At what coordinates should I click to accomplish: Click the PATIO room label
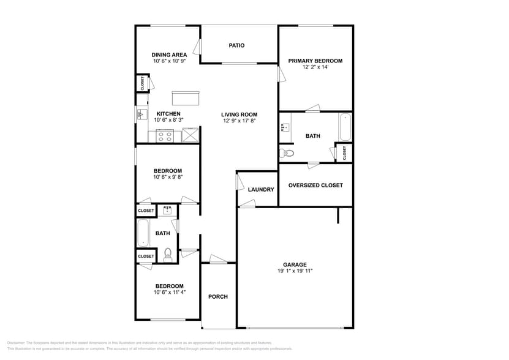pos(236,45)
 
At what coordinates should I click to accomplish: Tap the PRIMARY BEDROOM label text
pos(315,61)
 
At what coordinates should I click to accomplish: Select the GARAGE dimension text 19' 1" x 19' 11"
pos(295,271)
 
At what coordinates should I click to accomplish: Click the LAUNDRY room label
pos(261,190)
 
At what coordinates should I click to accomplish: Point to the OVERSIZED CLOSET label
pos(315,185)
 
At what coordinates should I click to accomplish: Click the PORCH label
pos(218,297)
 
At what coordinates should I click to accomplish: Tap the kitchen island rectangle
pos(186,98)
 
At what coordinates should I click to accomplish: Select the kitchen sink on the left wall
pos(141,114)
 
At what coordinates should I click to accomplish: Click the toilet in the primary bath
pos(287,153)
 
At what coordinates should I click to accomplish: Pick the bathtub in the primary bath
pos(345,127)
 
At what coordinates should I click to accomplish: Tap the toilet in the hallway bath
pos(168,253)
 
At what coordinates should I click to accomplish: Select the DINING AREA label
pos(169,54)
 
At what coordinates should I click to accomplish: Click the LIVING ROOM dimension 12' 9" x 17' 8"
pos(239,121)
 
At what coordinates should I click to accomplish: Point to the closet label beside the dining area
pos(143,83)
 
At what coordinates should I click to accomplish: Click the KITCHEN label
pos(168,114)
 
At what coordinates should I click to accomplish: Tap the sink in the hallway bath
pos(167,211)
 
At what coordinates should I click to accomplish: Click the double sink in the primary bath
pos(285,127)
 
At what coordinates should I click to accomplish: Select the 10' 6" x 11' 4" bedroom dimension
pos(169,293)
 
